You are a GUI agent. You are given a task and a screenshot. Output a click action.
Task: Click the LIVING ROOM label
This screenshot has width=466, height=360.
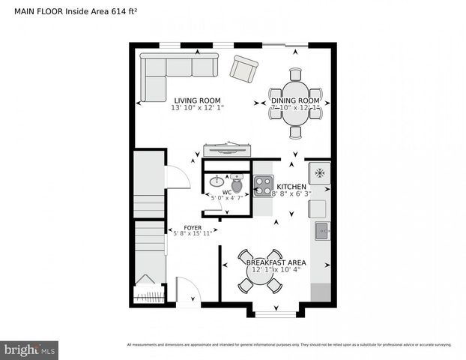198,100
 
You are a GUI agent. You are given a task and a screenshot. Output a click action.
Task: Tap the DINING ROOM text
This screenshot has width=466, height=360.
295,100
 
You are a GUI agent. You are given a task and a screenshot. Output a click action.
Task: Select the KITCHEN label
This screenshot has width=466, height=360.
291,186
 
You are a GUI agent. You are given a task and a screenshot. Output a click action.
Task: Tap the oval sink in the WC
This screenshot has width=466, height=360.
217,181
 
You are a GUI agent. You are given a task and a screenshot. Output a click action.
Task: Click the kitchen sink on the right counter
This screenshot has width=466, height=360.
321,230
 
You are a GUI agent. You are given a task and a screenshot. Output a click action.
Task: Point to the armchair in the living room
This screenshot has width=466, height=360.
244,69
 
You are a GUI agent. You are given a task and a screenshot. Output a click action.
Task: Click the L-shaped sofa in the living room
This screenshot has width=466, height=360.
172,73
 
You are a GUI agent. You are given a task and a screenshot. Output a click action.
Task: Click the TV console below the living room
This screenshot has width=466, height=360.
226,147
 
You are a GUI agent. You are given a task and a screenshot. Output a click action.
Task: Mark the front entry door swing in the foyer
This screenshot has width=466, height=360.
186,289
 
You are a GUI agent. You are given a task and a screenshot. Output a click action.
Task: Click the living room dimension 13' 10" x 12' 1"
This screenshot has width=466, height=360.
198,108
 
